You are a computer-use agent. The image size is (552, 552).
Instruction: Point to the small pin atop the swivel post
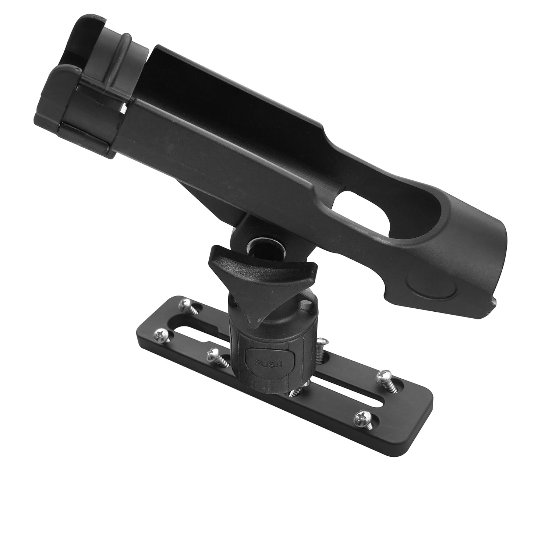click(x=304, y=304)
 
